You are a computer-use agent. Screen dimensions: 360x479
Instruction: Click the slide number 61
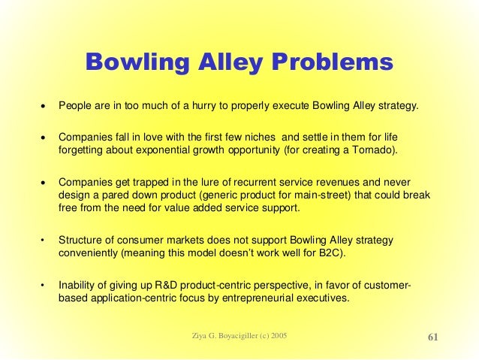[x=433, y=336]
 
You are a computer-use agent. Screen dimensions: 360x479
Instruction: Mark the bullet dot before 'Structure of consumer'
[x=43, y=241]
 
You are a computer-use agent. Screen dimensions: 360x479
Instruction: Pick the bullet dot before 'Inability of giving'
[x=43, y=285]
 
